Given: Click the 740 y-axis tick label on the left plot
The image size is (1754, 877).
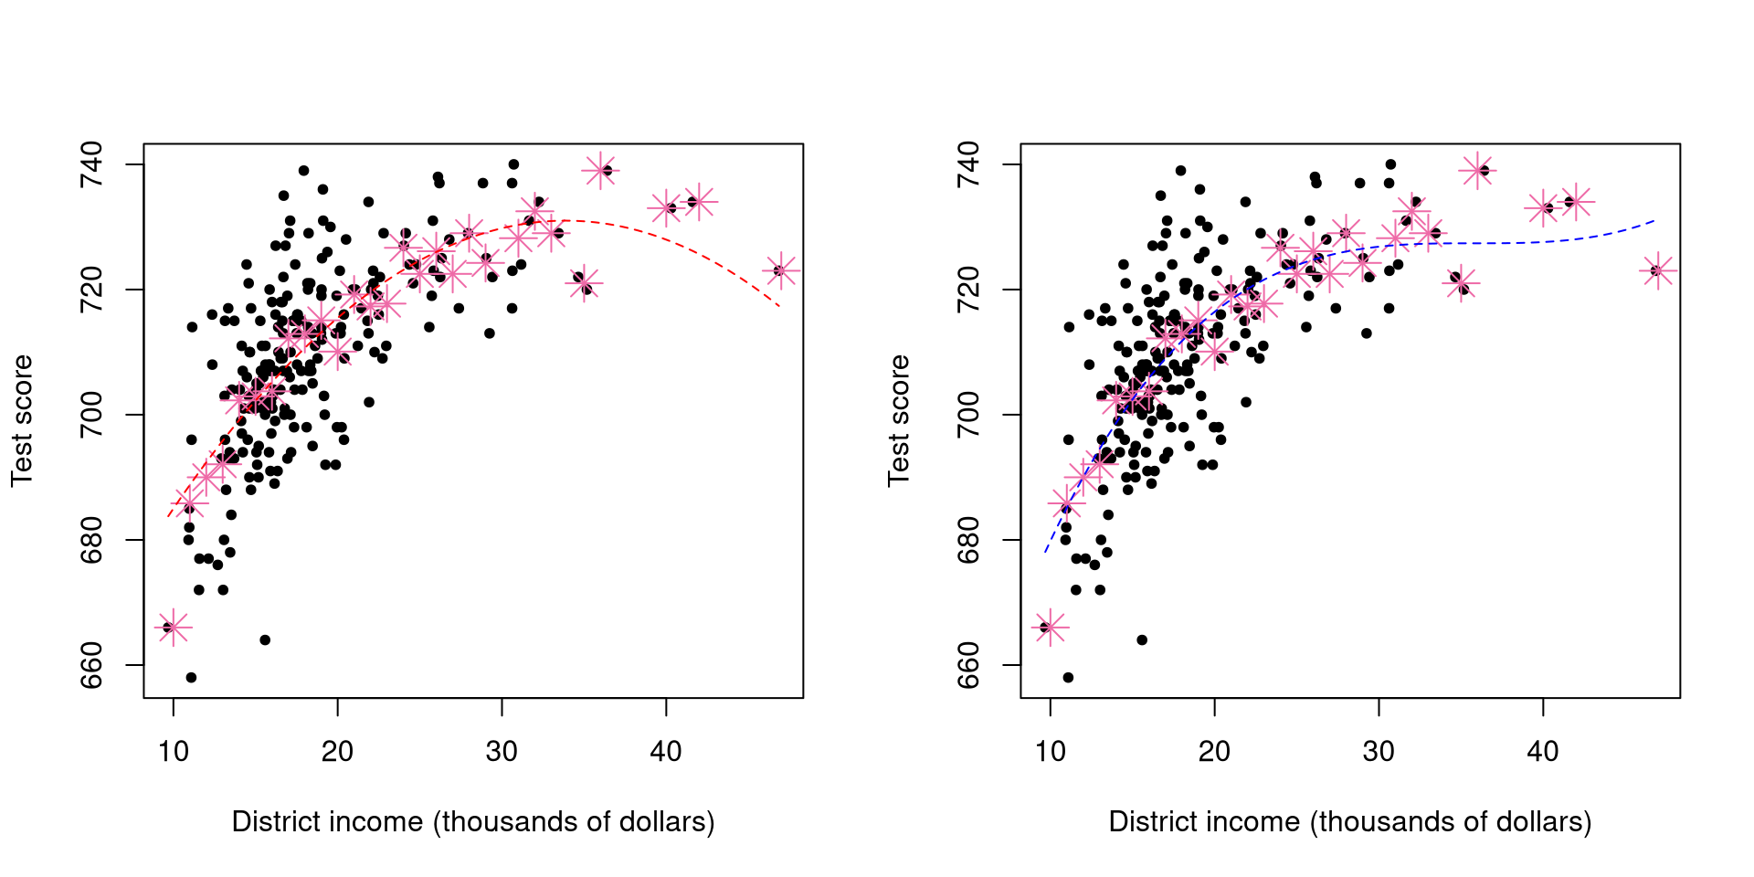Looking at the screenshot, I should click(91, 164).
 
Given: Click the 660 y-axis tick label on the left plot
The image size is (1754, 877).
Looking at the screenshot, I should click(91, 665).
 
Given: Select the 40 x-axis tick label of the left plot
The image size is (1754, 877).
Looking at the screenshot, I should click(666, 752).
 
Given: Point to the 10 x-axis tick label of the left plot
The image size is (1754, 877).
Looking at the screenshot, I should click(174, 752).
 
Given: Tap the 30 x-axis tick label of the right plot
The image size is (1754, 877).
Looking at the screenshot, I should click(1379, 752).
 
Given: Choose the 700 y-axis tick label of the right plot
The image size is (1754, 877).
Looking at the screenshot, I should click(968, 415).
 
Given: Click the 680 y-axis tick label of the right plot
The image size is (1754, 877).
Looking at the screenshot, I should click(968, 540).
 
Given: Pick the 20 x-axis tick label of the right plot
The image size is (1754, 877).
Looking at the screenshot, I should click(1214, 752).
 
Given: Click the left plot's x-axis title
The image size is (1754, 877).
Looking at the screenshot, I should click(473, 822).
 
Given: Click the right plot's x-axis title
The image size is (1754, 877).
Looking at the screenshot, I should click(1350, 822).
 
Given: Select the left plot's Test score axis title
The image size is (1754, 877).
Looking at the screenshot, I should click(22, 420).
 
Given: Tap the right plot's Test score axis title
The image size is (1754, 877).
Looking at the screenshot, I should click(899, 420).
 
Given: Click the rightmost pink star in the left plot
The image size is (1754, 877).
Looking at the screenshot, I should click(779, 270).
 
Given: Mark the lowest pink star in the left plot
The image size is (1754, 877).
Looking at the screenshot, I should click(173, 628).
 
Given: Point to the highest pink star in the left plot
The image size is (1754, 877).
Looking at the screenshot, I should click(600, 170).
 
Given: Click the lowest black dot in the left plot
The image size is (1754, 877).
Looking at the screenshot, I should click(191, 678).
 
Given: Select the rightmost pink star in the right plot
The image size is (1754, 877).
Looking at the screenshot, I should click(1657, 270).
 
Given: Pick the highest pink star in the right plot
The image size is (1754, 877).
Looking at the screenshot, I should click(1477, 170).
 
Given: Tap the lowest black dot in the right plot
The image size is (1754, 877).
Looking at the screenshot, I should click(1068, 678).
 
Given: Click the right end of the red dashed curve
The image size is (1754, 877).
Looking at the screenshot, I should click(779, 306).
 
